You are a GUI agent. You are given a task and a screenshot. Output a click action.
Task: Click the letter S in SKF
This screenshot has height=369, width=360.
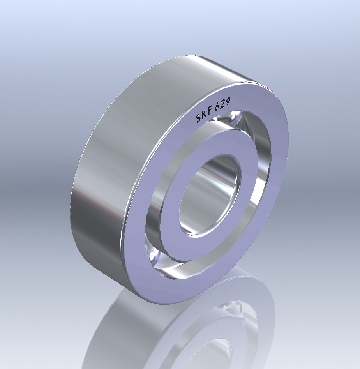point(199,118)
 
